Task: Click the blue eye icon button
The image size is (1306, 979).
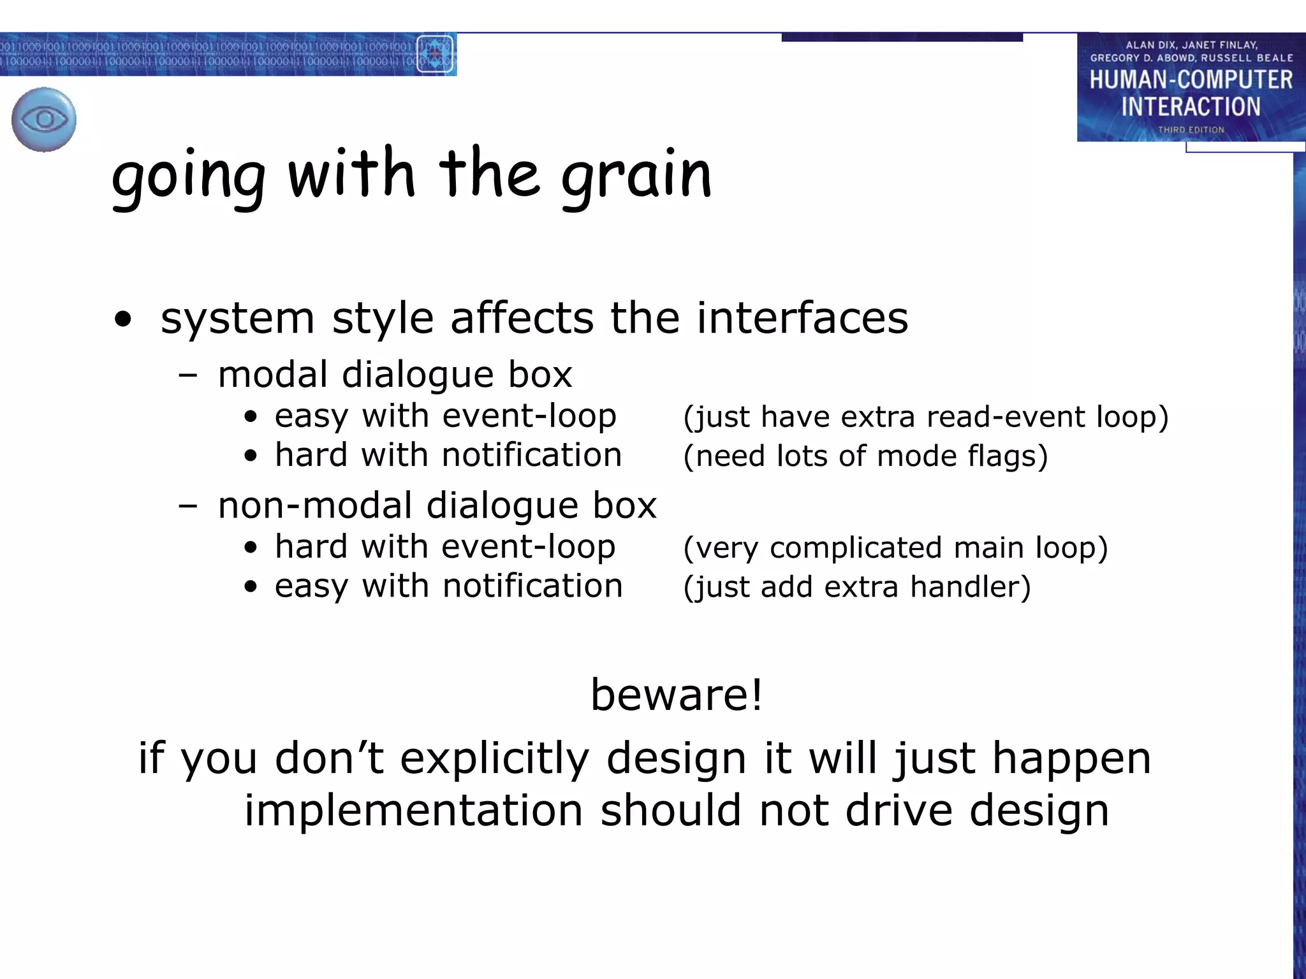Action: (x=43, y=119)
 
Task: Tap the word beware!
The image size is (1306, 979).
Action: (x=677, y=694)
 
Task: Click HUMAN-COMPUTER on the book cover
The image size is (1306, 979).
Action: (x=1191, y=80)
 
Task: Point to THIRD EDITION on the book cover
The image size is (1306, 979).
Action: (x=1191, y=129)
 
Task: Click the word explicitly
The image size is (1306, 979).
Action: (x=494, y=758)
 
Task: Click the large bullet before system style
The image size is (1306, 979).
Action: (x=122, y=320)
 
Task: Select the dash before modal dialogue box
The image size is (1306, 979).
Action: (x=188, y=375)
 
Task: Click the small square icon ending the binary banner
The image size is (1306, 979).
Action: (x=435, y=54)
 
